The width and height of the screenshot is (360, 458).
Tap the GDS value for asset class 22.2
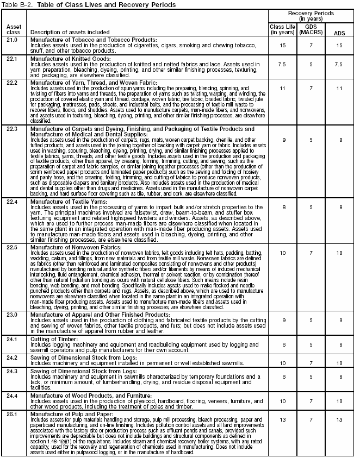pos(309,87)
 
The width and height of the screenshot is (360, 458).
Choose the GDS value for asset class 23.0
pos(309,320)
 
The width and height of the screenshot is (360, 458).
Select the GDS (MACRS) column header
pos(309,28)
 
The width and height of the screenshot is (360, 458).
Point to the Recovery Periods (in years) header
pos(311,15)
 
